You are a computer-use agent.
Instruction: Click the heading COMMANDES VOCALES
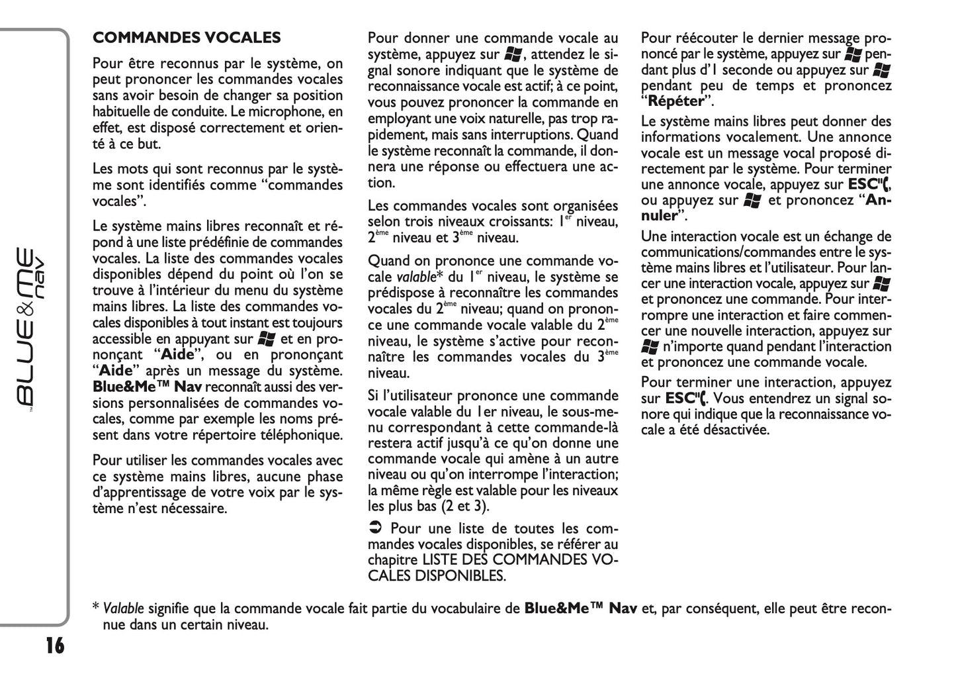pos(187,38)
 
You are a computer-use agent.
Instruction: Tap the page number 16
pos(55,644)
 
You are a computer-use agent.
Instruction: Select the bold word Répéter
pos(675,101)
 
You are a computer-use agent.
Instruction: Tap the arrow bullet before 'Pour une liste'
pos(374,528)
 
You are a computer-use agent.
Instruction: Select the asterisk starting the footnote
pos(96,607)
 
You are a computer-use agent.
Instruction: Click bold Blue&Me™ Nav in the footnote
pos(580,608)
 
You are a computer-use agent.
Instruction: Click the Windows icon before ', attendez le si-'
pos(513,54)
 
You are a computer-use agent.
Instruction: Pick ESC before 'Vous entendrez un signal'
pos(678,399)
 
